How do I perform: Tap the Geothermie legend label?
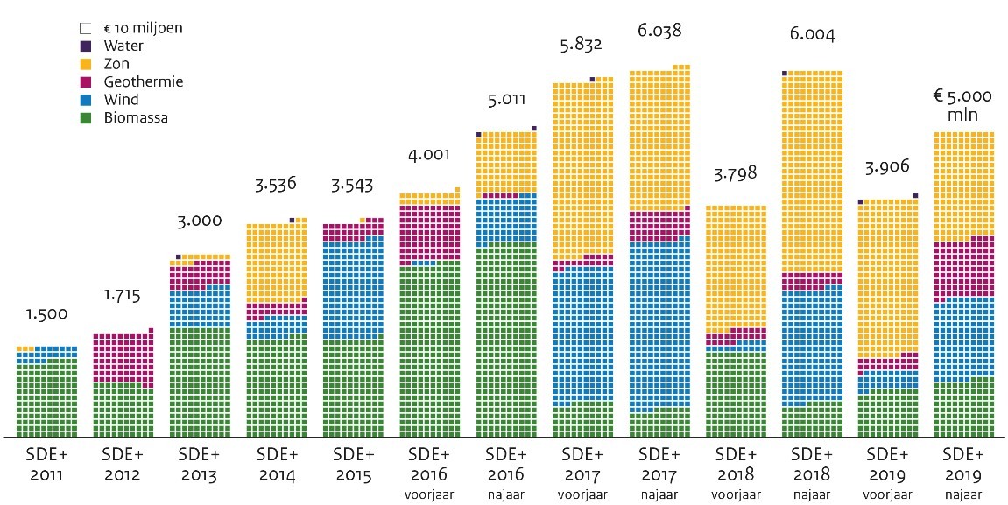click(x=142, y=81)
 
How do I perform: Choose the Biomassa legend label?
click(x=135, y=117)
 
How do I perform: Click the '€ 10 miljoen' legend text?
click(x=142, y=28)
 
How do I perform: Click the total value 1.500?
click(x=46, y=315)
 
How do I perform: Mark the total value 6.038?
click(x=659, y=32)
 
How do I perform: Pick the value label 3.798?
click(x=736, y=172)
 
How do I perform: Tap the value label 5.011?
click(x=506, y=99)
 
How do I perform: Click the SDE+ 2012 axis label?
click(x=123, y=465)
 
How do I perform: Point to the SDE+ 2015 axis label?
click(x=353, y=465)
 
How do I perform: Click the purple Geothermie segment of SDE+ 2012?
click(x=123, y=357)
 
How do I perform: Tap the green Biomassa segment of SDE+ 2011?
click(x=46, y=398)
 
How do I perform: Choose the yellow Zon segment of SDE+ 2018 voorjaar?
click(x=736, y=267)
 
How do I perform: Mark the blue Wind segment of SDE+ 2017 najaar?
click(x=659, y=324)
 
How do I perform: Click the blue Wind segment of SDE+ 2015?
click(x=353, y=289)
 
